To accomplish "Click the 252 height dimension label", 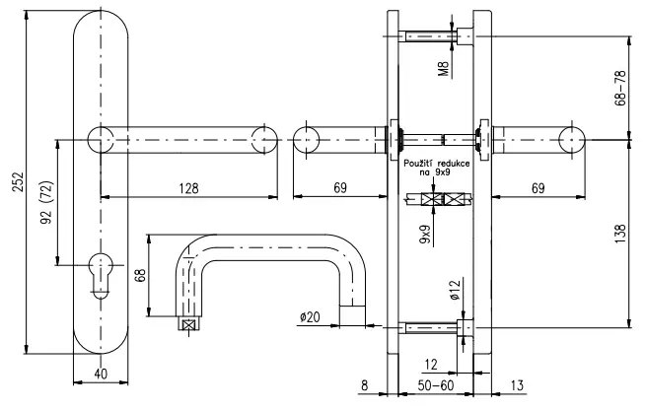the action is pos(19,181).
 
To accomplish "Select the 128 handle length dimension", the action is pos(189,188).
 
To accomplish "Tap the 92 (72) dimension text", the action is pos(47,202).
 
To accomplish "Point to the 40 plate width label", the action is pos(101,374).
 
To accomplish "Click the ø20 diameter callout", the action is pos(310,317).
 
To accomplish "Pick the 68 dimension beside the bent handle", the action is pos(140,275).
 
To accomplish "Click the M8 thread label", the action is pos(443,69).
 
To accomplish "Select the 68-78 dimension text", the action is pos(620,88).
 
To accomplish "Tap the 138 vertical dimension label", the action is pos(620,234).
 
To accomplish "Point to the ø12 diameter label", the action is pos(455,290).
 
